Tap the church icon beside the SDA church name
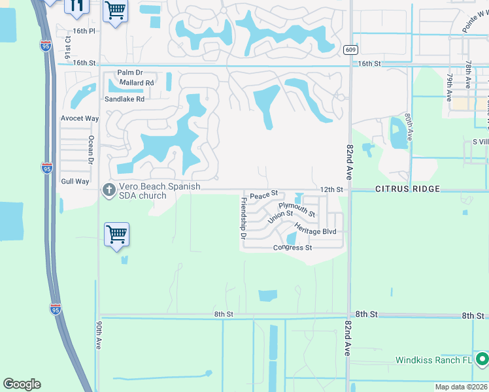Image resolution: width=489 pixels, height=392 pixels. pos(109,190)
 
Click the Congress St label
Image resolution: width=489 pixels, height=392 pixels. pos(292,248)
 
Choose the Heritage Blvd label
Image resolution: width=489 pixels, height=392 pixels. pos(315,229)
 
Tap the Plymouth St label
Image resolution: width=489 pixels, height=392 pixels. pos(297,209)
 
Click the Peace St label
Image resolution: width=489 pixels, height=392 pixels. pos(263,194)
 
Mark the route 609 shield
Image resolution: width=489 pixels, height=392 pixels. pos(350,50)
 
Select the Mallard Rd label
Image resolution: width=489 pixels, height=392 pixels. pos(135,83)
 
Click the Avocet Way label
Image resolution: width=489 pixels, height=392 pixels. pos(79,118)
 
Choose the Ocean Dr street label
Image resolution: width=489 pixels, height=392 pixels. pos(92,150)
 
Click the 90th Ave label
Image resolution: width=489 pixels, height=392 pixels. pos(98,335)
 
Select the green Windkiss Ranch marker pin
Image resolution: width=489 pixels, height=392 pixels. pos(482,359)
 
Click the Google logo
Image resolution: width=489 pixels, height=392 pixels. pos(22,384)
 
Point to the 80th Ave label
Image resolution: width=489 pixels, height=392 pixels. pos(409,127)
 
